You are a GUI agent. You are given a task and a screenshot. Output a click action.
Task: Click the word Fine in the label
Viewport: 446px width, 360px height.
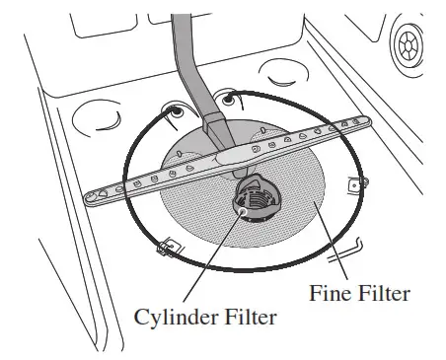pos(329,293)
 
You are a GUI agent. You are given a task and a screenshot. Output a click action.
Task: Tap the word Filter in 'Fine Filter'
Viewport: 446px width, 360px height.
pos(383,293)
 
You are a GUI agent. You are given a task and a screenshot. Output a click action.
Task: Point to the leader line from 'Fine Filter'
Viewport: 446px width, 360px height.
pos(332,247)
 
